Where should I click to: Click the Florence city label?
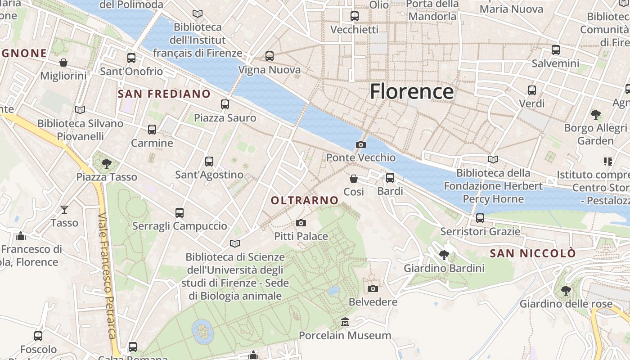(x=411, y=91)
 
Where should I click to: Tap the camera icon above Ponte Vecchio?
(x=360, y=144)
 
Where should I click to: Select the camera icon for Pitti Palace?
(x=301, y=223)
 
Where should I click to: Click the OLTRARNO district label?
(x=305, y=200)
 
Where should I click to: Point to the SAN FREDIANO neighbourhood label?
(x=164, y=94)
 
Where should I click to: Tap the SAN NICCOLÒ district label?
(x=532, y=253)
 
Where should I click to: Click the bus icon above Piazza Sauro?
(x=225, y=104)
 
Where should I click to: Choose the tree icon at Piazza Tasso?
(x=107, y=163)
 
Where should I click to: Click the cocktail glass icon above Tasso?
(x=64, y=209)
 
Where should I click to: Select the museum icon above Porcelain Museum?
(x=345, y=322)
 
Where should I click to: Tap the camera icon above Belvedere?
(x=373, y=288)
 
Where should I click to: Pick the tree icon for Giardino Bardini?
(x=444, y=255)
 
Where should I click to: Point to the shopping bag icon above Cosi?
(x=354, y=179)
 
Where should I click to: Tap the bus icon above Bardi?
(x=390, y=178)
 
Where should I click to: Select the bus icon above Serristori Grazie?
(x=480, y=218)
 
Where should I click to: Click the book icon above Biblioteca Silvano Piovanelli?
(x=80, y=110)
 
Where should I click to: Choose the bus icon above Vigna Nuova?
(x=269, y=56)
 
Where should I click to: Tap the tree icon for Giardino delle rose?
(x=566, y=291)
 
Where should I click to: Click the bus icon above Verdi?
(x=532, y=90)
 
